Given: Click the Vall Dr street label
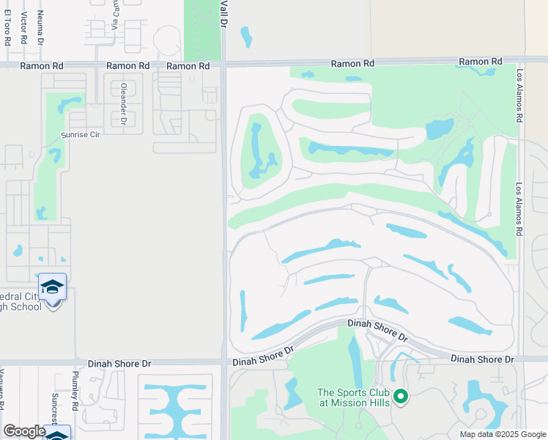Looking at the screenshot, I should [x=224, y=15].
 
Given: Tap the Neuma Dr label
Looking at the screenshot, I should [x=40, y=25].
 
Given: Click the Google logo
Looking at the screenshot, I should [x=24, y=431].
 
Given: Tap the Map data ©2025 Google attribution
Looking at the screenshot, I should [x=502, y=434].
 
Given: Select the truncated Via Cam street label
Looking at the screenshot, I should [x=115, y=15].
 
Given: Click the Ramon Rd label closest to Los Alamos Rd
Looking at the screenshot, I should [x=481, y=62].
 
